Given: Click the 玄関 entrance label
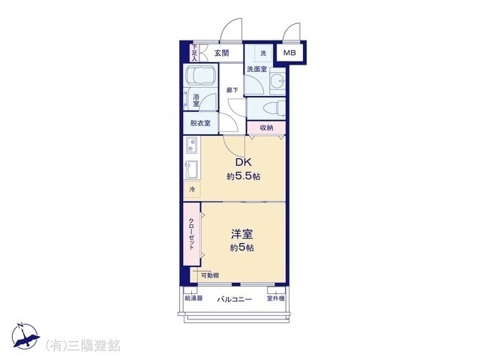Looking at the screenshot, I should [220, 52].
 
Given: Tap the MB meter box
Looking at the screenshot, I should [289, 52].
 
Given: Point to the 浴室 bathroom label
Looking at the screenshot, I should [196, 99].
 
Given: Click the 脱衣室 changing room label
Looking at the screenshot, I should [199, 123].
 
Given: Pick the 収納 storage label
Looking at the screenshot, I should [267, 128].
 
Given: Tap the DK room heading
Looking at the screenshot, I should [243, 163].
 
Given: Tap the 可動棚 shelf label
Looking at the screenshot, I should [209, 275].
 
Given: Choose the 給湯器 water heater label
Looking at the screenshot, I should [193, 298].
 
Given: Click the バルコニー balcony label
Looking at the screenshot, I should [234, 299].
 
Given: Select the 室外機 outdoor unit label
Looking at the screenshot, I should [276, 298].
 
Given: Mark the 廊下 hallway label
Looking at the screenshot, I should [232, 91].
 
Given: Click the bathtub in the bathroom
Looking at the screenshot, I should [201, 77].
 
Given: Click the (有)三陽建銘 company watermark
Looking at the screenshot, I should [83, 345].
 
